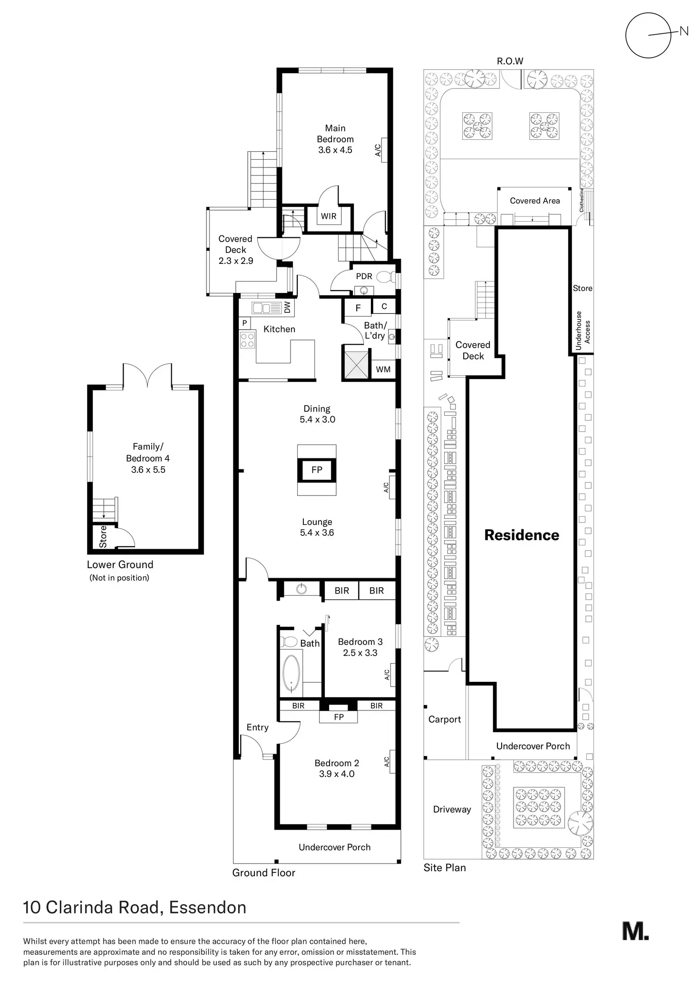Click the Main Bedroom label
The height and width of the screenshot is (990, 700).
(x=335, y=134)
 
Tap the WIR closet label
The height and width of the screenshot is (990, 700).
(x=329, y=216)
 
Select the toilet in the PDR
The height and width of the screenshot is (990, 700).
(x=384, y=276)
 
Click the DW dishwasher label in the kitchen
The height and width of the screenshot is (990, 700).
(x=287, y=308)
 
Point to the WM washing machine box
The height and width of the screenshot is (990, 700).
(x=383, y=369)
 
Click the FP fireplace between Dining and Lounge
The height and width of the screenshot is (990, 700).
(x=317, y=470)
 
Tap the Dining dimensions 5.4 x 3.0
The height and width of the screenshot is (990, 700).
(x=317, y=419)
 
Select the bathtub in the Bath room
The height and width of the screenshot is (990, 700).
(x=292, y=674)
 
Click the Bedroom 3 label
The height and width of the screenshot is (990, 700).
(x=360, y=642)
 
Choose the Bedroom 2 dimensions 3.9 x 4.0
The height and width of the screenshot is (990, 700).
(x=337, y=774)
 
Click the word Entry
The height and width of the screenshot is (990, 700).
(x=257, y=728)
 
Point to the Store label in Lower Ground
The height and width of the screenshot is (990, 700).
(x=103, y=536)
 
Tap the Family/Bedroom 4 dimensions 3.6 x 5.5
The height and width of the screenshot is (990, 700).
(x=148, y=470)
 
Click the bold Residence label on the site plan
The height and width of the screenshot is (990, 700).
(x=522, y=535)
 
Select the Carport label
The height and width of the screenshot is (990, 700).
(x=445, y=719)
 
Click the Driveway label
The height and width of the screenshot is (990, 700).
(x=452, y=809)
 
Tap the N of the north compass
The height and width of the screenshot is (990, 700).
(x=684, y=31)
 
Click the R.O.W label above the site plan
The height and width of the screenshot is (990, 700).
(x=510, y=61)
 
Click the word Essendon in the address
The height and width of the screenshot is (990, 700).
(x=208, y=908)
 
